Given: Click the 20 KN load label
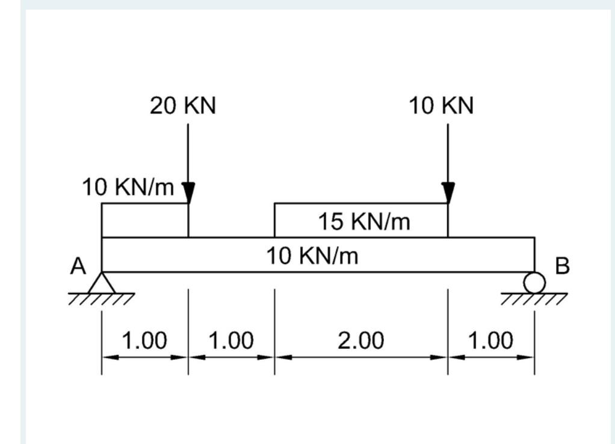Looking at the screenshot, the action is pos(183,106).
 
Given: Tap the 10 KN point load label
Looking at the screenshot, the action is pos(442,106).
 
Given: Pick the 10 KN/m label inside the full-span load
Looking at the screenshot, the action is pos(312,256).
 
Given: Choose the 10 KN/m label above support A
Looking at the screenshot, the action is pos(128,188).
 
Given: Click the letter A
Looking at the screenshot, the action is pos(77,265).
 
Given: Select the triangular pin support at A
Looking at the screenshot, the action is pos(102,283).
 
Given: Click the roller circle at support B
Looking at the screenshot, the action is pos(534,282).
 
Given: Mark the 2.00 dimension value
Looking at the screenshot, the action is pos(360,341).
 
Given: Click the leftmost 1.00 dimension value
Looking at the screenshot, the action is pos(144,341).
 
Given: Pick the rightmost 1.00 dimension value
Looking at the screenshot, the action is pos(490,341).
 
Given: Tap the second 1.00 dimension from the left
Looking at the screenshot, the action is pos(231,341).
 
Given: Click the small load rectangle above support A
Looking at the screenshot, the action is pos(145,220).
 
